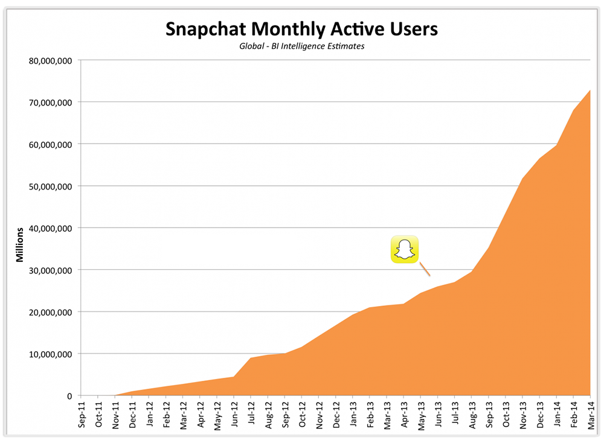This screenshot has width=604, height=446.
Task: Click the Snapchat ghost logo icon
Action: click(x=405, y=249)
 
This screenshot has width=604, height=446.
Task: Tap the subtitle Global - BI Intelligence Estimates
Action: click(x=302, y=46)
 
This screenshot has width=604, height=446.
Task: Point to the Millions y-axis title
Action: click(x=19, y=244)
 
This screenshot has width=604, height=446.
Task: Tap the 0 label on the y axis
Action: click(x=69, y=396)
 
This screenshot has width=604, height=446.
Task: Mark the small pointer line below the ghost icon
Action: click(x=425, y=269)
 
